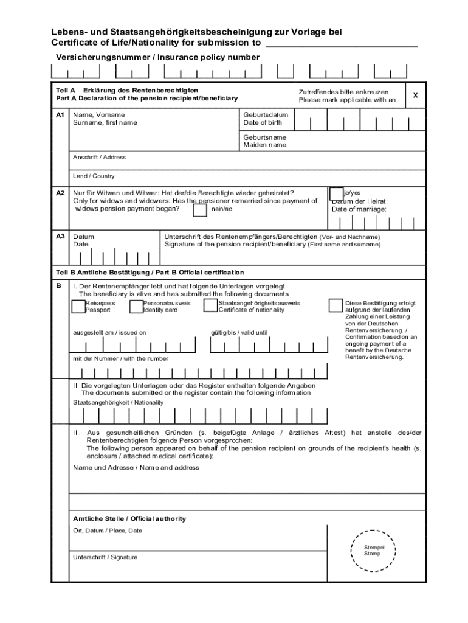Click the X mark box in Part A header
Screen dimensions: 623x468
(415, 96)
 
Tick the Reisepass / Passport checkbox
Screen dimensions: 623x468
(78, 306)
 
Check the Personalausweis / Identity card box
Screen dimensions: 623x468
(136, 306)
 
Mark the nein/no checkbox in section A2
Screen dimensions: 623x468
(199, 210)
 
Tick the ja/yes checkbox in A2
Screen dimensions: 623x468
(336, 193)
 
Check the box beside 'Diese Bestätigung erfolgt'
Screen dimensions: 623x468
(336, 305)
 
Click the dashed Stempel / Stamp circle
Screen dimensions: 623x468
(373, 551)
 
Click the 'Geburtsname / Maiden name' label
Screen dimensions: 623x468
(265, 141)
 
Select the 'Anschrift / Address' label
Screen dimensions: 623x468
(99, 157)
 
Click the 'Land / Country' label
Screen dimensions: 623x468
(94, 176)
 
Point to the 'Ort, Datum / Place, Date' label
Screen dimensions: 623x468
(108, 531)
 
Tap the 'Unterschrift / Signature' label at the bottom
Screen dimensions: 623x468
(105, 557)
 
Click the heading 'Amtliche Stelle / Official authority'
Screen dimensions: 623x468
(129, 519)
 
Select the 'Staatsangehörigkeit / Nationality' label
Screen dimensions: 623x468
(119, 402)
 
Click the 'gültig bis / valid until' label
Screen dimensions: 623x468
(238, 332)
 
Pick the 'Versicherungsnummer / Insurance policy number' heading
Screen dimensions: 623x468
(158, 57)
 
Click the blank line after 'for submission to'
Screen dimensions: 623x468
(342, 44)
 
